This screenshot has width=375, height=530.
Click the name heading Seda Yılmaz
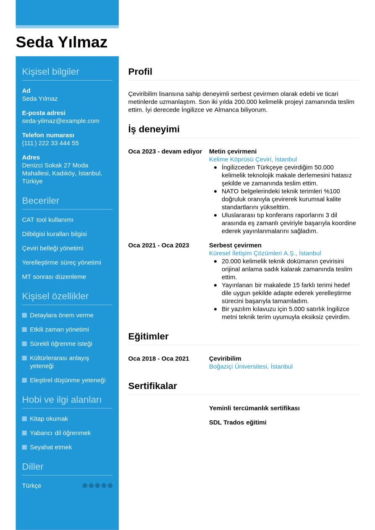point(61,42)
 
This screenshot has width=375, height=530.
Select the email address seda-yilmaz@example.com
point(60,121)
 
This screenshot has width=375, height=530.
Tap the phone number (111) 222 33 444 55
point(50,143)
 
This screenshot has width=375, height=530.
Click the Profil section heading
point(140,72)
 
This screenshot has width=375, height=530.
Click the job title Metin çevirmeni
point(233,151)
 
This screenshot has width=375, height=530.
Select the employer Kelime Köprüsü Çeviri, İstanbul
point(253,159)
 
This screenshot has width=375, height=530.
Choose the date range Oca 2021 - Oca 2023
point(158,245)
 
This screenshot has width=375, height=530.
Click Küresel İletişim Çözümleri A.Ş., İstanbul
point(265,253)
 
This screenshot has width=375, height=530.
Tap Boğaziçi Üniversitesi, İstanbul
point(251,367)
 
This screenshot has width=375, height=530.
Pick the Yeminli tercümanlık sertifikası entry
point(254,408)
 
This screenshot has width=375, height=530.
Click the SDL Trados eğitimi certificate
point(237,423)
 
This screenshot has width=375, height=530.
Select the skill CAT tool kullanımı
point(47,220)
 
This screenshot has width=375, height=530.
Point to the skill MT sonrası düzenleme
point(54,277)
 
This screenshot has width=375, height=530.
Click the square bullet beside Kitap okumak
point(24,419)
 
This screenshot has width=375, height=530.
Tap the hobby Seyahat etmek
point(51,447)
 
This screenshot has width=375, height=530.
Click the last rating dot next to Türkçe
point(110,486)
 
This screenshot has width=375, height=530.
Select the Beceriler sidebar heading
point(40,201)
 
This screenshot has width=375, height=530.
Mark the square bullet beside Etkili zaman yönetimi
point(24,330)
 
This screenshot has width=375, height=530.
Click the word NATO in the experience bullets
point(230,191)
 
